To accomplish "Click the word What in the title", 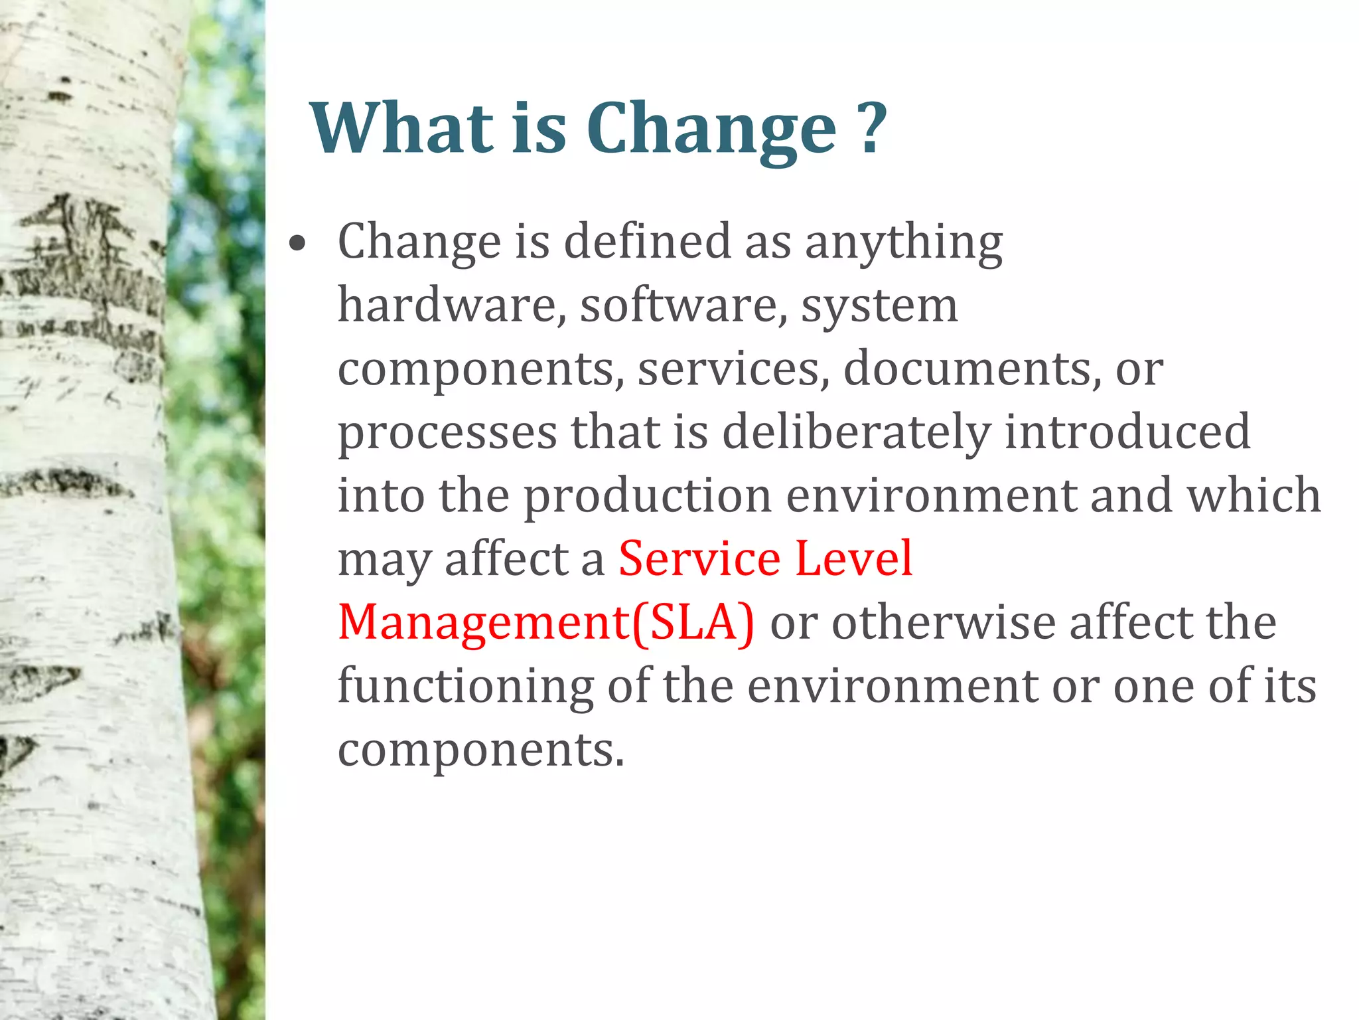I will [403, 127].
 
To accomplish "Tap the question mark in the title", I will [871, 127].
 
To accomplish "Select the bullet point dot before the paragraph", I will [298, 244].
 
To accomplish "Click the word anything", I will [903, 243].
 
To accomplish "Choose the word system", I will [879, 307].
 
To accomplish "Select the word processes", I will [447, 433].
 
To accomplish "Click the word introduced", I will [1127, 432].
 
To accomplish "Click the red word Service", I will [699, 558].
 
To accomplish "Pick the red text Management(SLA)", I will [545, 623].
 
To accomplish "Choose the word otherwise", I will [943, 623].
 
